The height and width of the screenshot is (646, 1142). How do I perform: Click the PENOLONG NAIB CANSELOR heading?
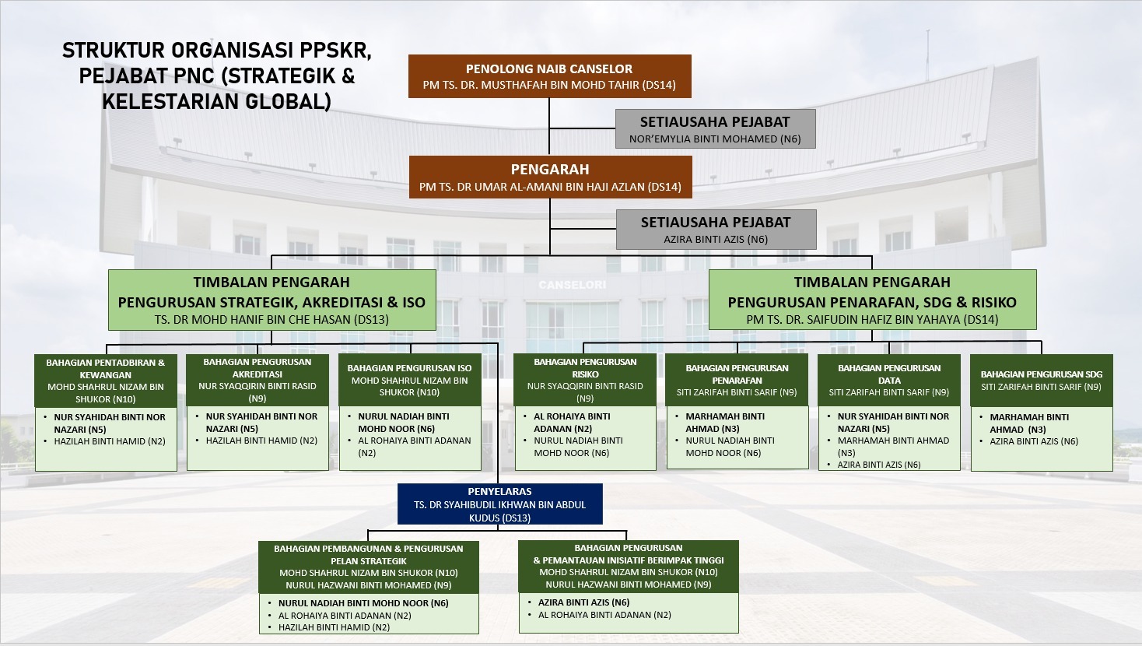[x=549, y=68]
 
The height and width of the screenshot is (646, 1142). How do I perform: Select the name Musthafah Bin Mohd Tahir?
[x=549, y=85]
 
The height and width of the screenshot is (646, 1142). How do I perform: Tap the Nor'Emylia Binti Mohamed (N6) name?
[x=715, y=139]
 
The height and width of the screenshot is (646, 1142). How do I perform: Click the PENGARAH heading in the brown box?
[x=549, y=169]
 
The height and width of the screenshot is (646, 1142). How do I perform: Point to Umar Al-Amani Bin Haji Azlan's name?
[x=549, y=187]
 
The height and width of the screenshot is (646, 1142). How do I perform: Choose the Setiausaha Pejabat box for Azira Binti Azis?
[x=716, y=230]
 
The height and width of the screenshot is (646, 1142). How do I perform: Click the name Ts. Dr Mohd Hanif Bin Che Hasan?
[x=271, y=319]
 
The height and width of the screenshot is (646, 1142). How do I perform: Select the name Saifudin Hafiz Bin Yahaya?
[x=872, y=319]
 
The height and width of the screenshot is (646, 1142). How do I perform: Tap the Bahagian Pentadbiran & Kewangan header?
[x=106, y=368]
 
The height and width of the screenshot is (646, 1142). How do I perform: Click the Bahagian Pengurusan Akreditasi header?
[x=257, y=367]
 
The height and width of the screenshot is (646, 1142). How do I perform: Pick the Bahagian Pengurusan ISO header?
[x=409, y=368]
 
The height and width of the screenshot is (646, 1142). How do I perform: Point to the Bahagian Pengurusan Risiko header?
[x=585, y=367]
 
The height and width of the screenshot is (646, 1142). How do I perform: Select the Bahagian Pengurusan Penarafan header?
[x=737, y=374]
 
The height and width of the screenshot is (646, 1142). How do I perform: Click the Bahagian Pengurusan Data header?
[x=889, y=374]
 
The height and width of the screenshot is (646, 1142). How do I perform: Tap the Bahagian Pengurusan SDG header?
[x=1041, y=374]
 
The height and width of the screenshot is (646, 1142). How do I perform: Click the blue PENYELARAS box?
[x=499, y=504]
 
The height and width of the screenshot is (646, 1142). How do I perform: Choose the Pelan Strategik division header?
[x=368, y=554]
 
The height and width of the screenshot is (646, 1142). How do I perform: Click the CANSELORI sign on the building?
[x=572, y=285]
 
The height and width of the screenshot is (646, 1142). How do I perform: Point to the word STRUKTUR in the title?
[x=113, y=51]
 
